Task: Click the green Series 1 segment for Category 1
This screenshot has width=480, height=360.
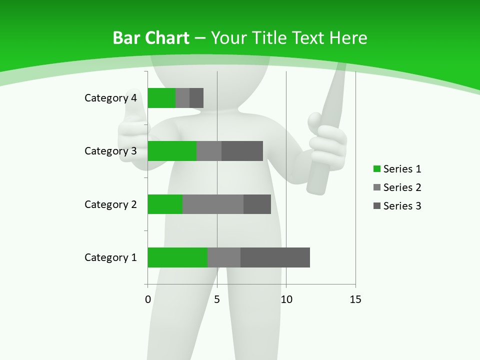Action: click(177, 257)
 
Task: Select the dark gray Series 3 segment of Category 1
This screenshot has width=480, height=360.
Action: click(275, 257)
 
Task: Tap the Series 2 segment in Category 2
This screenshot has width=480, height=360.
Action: click(213, 204)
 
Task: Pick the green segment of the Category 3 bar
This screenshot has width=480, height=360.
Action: click(172, 151)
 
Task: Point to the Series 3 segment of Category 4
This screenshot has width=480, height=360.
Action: click(196, 98)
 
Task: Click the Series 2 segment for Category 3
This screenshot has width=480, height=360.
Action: click(209, 151)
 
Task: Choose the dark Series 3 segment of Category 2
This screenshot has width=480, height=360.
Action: click(257, 204)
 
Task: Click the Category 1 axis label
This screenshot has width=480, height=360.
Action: click(110, 257)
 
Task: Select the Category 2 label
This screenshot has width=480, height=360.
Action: click(110, 204)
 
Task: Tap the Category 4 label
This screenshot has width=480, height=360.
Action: click(110, 98)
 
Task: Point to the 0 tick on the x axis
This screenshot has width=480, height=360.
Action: click(148, 299)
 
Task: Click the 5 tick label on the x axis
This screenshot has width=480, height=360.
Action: click(217, 299)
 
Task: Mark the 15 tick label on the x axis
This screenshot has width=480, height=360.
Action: click(355, 299)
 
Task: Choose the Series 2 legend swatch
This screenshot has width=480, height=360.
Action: click(377, 187)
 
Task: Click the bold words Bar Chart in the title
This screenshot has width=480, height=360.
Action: click(151, 38)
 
